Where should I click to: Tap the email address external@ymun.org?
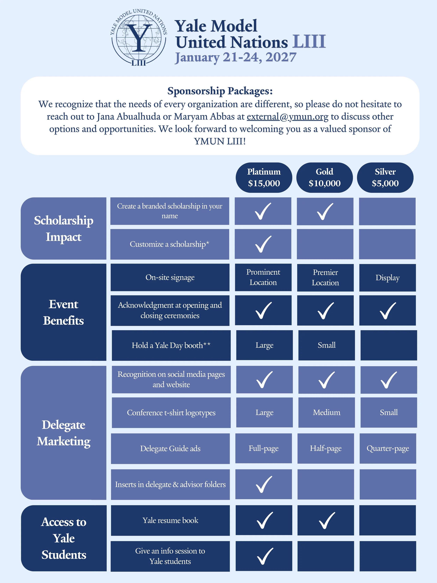[x=287, y=116]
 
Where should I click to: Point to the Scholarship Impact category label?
[x=63, y=228]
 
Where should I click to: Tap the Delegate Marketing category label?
[x=63, y=433]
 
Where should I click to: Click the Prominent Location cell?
[x=263, y=277]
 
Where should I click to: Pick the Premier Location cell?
[x=325, y=278]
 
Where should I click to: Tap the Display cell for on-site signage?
[x=388, y=278]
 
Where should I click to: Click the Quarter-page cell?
[x=388, y=448]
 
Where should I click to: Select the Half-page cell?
[x=326, y=448]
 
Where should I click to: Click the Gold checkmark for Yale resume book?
[x=327, y=520]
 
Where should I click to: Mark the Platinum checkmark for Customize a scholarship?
[x=263, y=244]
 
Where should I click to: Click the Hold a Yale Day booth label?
[x=171, y=345]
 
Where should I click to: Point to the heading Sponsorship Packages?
[x=220, y=91]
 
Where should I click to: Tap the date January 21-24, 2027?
[x=236, y=57]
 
